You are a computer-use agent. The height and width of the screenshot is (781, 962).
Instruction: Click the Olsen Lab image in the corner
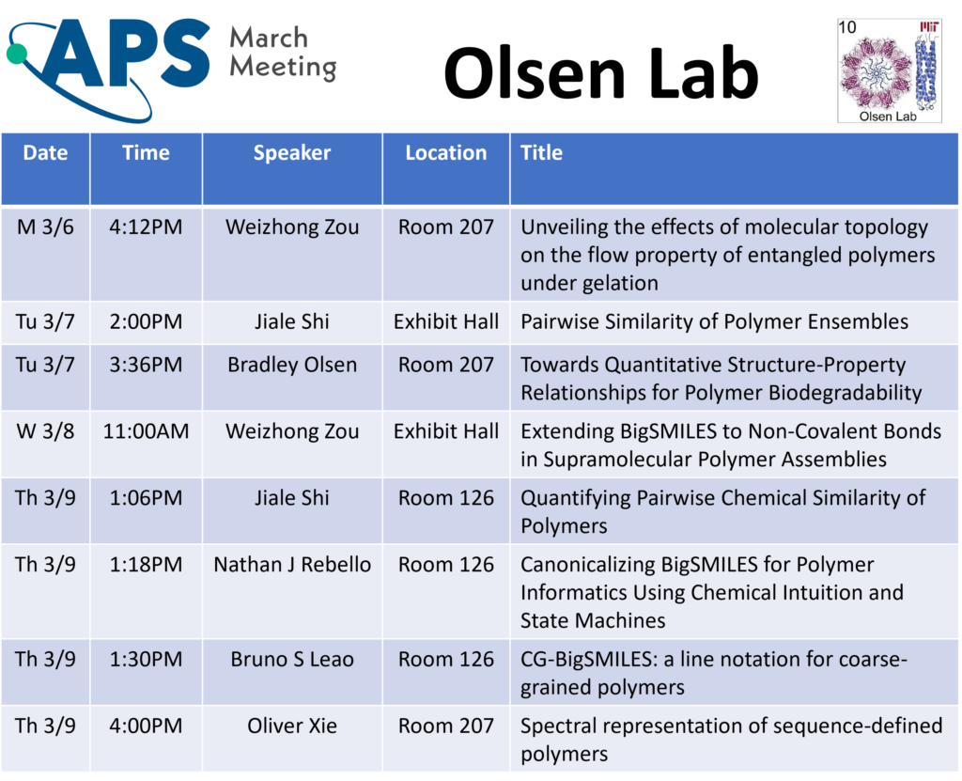[890, 71]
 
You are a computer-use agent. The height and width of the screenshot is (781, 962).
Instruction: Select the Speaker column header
[291, 153]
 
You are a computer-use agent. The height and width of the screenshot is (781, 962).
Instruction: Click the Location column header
[445, 153]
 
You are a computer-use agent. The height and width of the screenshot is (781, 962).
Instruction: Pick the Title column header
[541, 153]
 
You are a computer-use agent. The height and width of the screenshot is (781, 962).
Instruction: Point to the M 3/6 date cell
[45, 226]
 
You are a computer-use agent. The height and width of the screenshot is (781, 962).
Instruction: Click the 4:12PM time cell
[146, 226]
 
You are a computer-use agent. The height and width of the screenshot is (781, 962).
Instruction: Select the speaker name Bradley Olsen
[291, 365]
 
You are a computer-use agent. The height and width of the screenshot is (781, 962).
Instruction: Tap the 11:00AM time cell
[146, 431]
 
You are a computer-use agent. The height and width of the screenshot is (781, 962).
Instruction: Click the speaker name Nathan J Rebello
[291, 565]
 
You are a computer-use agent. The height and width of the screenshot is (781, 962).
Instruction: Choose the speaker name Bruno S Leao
[291, 659]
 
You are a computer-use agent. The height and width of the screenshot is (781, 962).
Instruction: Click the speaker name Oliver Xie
[291, 726]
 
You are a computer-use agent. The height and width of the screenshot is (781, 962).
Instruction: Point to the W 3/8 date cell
[45, 431]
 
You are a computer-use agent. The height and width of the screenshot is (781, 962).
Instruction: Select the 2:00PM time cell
[146, 321]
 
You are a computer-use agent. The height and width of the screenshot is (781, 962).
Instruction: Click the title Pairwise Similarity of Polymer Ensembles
[714, 321]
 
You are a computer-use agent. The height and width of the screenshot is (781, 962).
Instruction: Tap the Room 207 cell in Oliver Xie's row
[445, 726]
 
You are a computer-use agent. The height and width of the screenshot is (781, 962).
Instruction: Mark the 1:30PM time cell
[146, 659]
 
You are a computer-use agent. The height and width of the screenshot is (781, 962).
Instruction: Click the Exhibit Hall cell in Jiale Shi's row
[445, 321]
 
